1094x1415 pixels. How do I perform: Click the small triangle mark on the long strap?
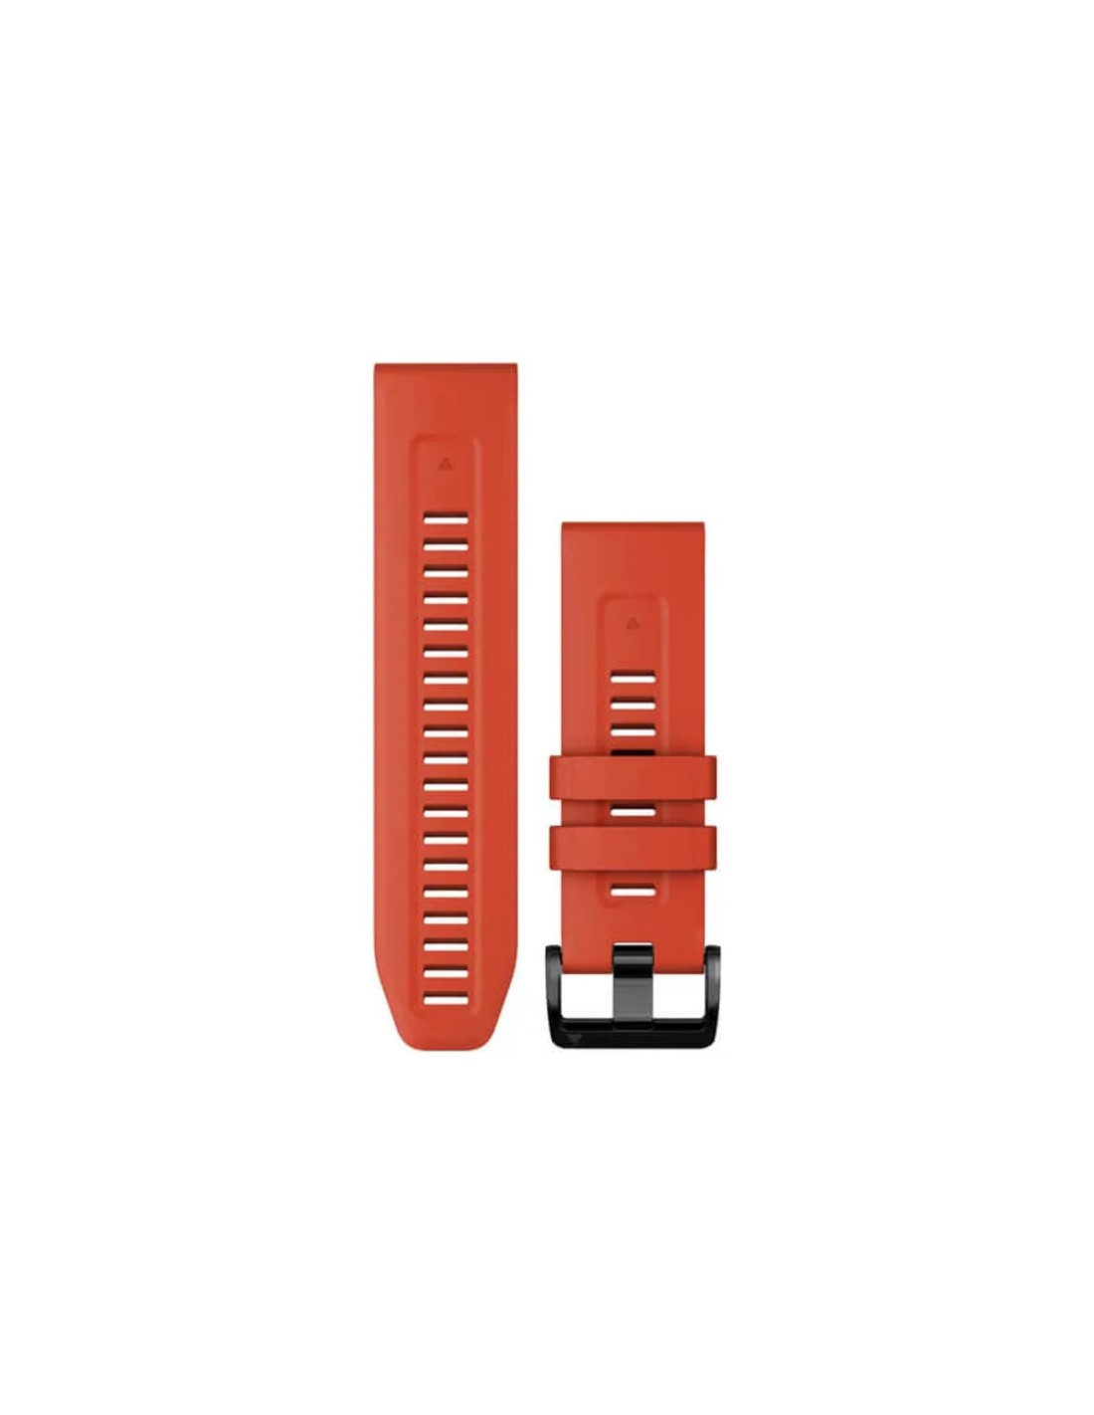(x=445, y=462)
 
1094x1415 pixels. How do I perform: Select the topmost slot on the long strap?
(x=445, y=517)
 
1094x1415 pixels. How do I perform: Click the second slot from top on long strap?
(x=445, y=545)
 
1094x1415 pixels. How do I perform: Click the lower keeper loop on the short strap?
(x=632, y=845)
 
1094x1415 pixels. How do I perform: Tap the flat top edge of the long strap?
(x=445, y=367)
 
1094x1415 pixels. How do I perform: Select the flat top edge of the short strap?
(x=632, y=525)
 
